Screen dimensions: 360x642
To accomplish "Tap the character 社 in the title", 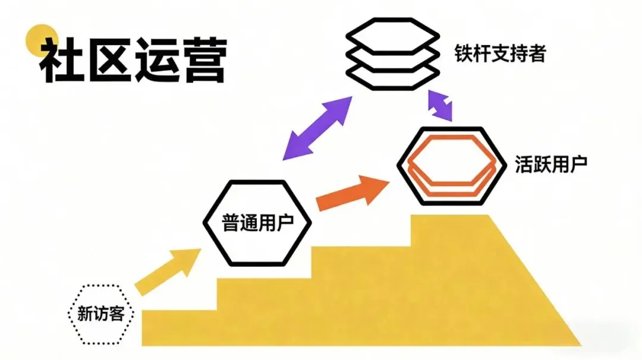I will click(62, 61).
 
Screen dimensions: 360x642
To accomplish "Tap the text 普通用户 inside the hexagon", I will click(257, 224).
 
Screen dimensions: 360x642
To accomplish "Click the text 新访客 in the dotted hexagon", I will click(100, 313).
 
